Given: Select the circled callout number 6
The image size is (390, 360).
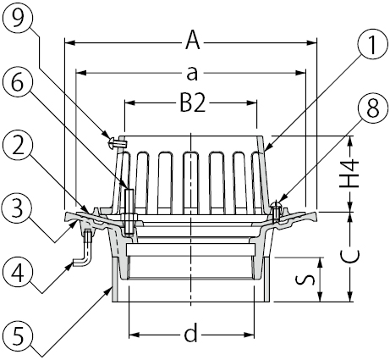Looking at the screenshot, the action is pyautogui.click(x=18, y=83).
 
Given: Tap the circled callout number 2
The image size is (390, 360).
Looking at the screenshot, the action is pyautogui.click(x=18, y=146).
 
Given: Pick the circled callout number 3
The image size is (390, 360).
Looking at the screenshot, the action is pyautogui.click(x=18, y=209).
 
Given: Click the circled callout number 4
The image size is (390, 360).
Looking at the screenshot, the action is pyautogui.click(x=18, y=272).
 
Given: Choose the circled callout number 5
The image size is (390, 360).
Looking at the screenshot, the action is pyautogui.click(x=18, y=336).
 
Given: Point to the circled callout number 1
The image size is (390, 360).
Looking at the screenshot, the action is pyautogui.click(x=372, y=46).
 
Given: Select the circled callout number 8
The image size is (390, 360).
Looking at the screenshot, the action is pyautogui.click(x=372, y=108).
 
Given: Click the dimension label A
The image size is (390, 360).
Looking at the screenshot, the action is pyautogui.click(x=193, y=41).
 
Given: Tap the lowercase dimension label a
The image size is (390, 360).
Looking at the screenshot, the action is pyautogui.click(x=192, y=74).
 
